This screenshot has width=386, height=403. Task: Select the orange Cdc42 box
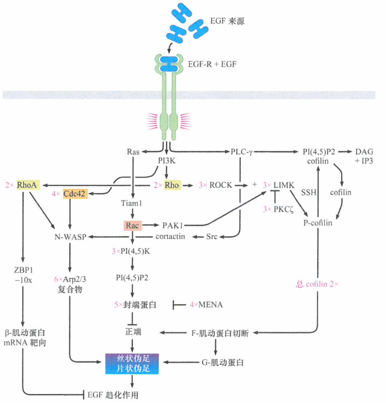coord(77,194)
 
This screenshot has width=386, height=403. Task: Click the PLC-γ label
coord(243,152)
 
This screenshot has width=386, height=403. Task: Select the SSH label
coord(309,191)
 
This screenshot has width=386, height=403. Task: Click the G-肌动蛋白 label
coord(222,363)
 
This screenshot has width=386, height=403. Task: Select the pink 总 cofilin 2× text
coord(318,284)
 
